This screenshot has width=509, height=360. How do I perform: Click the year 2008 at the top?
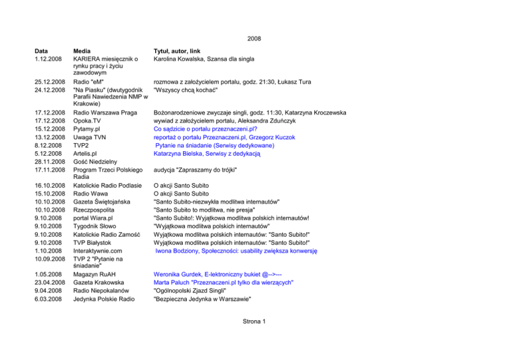point(254,38)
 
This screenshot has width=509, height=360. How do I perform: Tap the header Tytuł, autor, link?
point(177,50)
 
